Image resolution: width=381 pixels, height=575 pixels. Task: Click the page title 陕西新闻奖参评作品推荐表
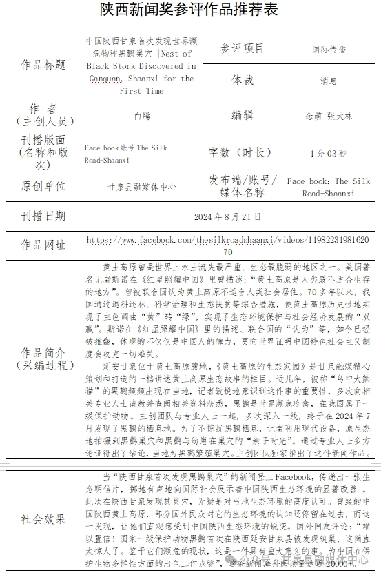point(189,10)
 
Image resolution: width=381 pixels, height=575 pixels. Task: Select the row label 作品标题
point(43,65)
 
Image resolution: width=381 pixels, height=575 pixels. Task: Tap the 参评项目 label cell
point(242,48)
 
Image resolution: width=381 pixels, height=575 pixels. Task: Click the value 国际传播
point(329,49)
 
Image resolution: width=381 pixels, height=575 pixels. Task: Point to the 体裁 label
point(242,80)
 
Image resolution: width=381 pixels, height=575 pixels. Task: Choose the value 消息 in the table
point(329,81)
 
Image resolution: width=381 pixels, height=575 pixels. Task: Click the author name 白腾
point(141,116)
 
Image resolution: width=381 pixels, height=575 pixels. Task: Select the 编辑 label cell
point(242,115)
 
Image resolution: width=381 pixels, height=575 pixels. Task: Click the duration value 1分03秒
point(329,153)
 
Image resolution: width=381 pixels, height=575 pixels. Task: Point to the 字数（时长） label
point(242,152)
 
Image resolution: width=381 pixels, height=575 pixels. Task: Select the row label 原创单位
point(43,186)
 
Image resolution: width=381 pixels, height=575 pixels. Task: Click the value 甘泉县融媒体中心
point(141,187)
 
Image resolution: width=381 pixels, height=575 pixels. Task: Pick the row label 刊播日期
point(43,216)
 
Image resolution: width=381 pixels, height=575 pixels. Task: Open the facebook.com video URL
point(227,240)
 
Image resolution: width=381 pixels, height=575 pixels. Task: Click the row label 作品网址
point(43,245)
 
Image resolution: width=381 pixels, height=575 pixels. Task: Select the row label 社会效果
point(43,519)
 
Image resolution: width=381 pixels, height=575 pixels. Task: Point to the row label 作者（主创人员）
point(43,115)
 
